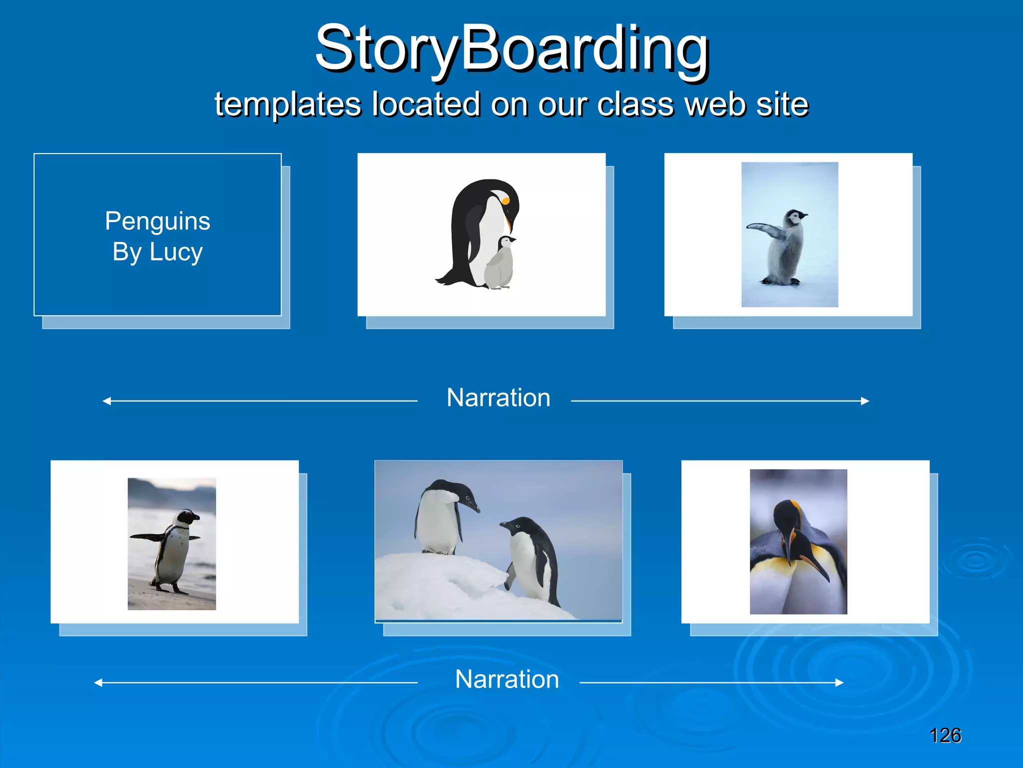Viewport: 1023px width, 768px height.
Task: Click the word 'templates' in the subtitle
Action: click(287, 105)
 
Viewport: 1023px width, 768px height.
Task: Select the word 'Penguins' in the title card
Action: click(157, 221)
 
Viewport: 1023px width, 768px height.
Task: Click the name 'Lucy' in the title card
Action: click(176, 251)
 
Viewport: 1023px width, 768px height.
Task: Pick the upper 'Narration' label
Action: click(498, 398)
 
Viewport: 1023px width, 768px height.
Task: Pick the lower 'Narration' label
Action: click(507, 679)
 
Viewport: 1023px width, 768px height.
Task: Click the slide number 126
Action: click(945, 735)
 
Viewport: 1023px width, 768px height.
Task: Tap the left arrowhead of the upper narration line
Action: click(106, 401)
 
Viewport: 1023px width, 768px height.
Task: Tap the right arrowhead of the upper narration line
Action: click(866, 401)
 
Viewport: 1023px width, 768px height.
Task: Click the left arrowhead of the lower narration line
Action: click(98, 682)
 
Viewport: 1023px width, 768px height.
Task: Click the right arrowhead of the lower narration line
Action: click(840, 682)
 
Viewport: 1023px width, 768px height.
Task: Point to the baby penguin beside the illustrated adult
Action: click(501, 264)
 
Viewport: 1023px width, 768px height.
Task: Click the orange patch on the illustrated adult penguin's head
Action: click(506, 201)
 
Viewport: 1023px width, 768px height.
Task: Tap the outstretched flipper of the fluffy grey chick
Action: click(763, 229)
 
